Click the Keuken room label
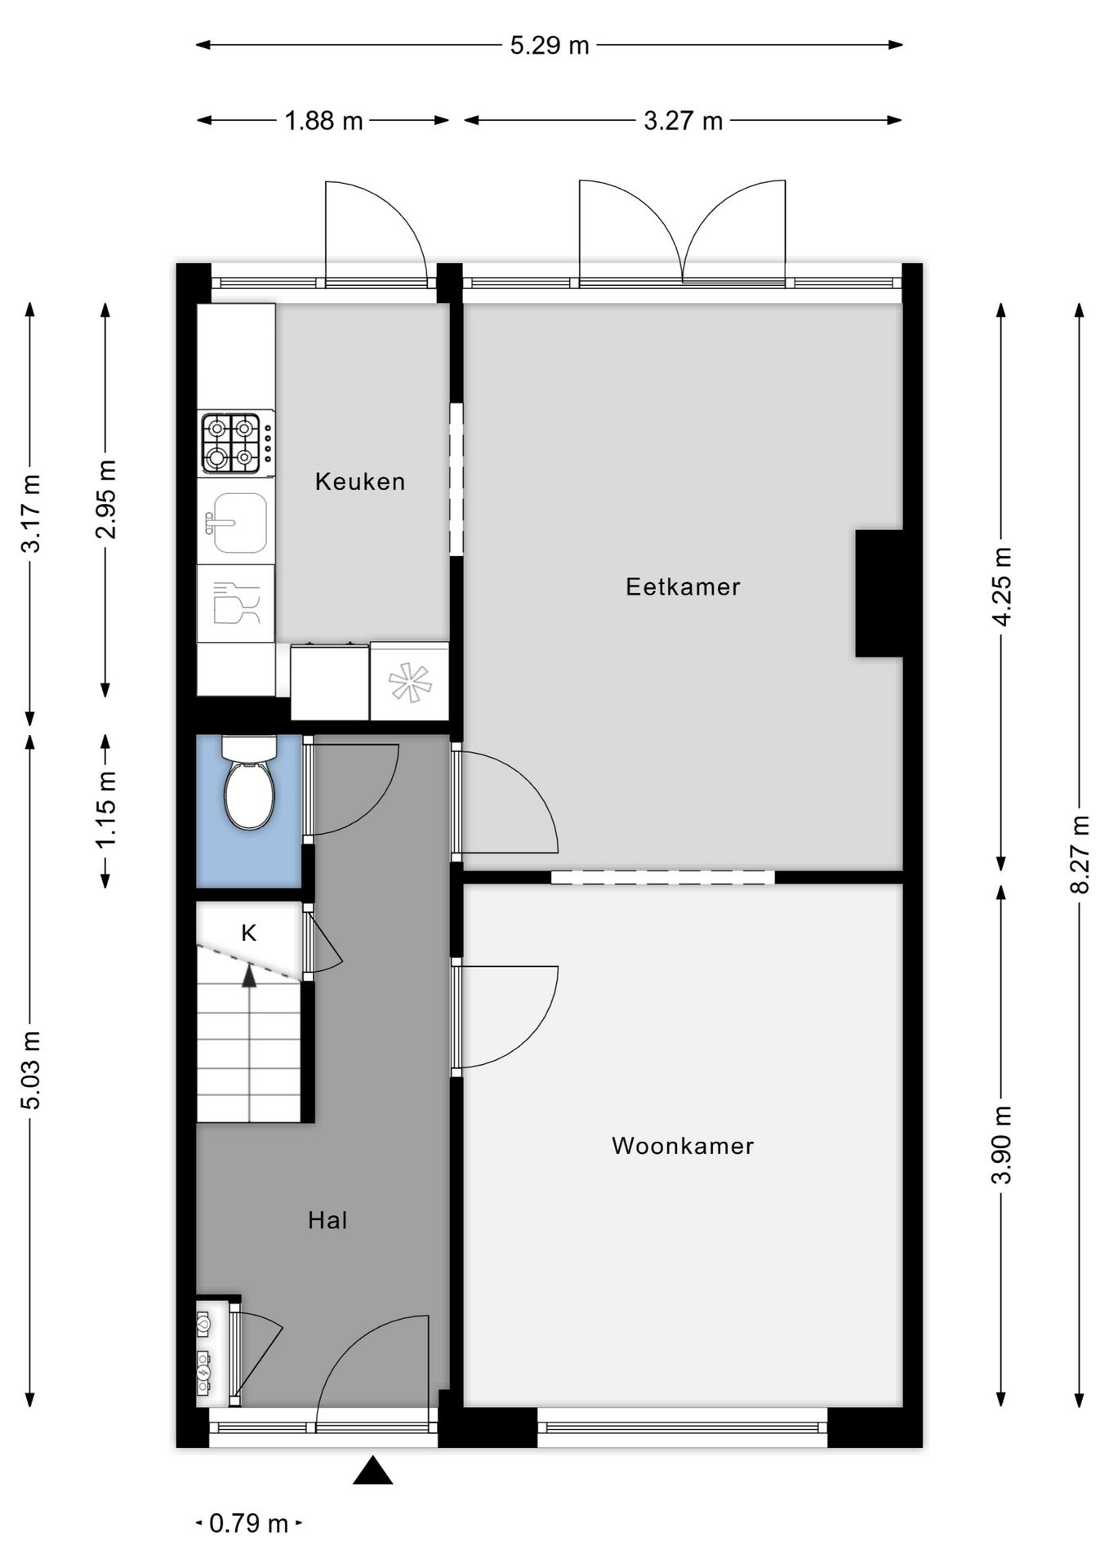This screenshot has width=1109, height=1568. click(360, 482)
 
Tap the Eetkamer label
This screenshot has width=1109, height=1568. click(683, 586)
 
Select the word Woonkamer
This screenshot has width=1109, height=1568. click(683, 1146)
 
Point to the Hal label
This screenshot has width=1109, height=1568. click(327, 1220)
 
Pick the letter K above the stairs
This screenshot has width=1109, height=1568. click(249, 933)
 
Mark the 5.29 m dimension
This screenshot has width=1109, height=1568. click(550, 46)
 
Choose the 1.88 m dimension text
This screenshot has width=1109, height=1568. click(323, 121)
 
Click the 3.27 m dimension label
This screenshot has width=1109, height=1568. click(683, 121)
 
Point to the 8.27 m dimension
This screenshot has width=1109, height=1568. click(1080, 854)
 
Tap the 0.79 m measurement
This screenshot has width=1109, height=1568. click(249, 1523)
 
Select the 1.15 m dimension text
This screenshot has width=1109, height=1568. click(106, 809)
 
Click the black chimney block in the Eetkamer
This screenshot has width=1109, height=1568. click(879, 593)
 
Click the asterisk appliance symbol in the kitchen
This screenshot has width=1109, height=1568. click(409, 683)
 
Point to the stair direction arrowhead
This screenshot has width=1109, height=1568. click(249, 976)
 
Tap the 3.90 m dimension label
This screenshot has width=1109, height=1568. click(1001, 1145)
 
